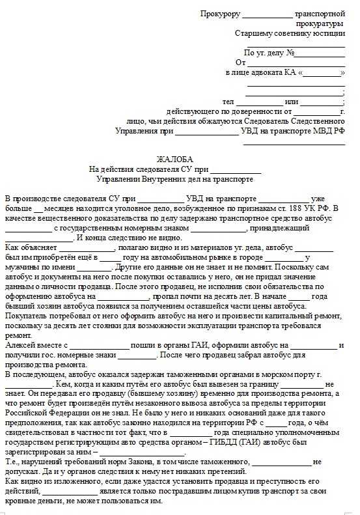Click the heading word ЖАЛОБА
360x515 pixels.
[175, 160]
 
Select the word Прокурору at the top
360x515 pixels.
[220, 14]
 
